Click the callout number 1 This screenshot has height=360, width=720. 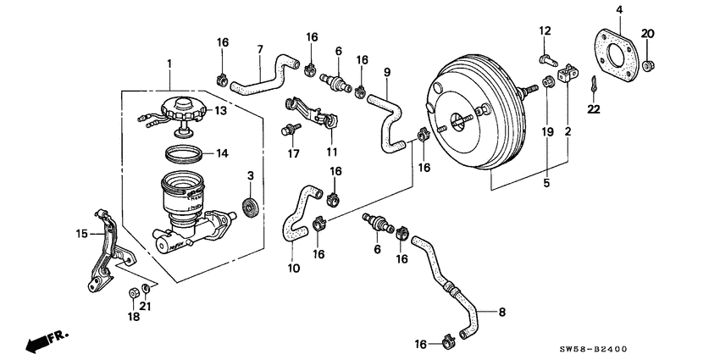169,64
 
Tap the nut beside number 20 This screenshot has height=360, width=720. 648,64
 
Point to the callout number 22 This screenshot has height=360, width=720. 593,107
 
